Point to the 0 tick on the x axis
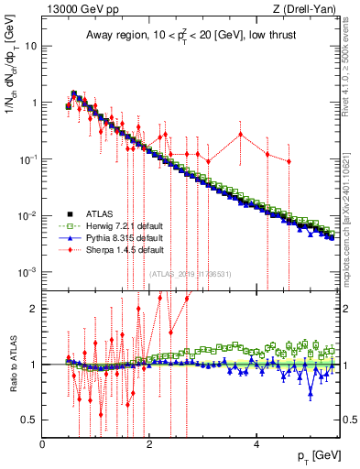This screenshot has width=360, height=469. pos(42,444)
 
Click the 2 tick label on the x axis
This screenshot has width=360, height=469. pos(149,444)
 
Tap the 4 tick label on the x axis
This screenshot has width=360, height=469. pos(256,444)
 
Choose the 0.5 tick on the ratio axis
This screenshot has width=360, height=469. pos(29,420)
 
